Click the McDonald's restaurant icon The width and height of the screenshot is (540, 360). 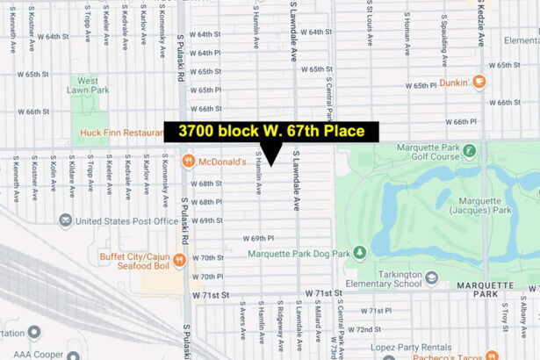click(188, 162)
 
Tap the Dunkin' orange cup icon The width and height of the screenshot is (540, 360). click(479, 83)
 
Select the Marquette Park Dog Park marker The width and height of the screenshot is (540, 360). click(359, 253)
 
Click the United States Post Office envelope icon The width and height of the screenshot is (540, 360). click(65, 220)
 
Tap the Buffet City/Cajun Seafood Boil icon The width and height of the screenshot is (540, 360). click(179, 259)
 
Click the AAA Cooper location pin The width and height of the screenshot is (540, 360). click(34, 333)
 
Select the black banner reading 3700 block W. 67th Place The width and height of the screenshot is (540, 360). click(271, 132)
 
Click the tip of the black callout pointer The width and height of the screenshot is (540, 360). click(272, 165)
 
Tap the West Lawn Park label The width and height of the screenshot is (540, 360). click(94, 85)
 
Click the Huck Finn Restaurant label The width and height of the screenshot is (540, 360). click(119, 133)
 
